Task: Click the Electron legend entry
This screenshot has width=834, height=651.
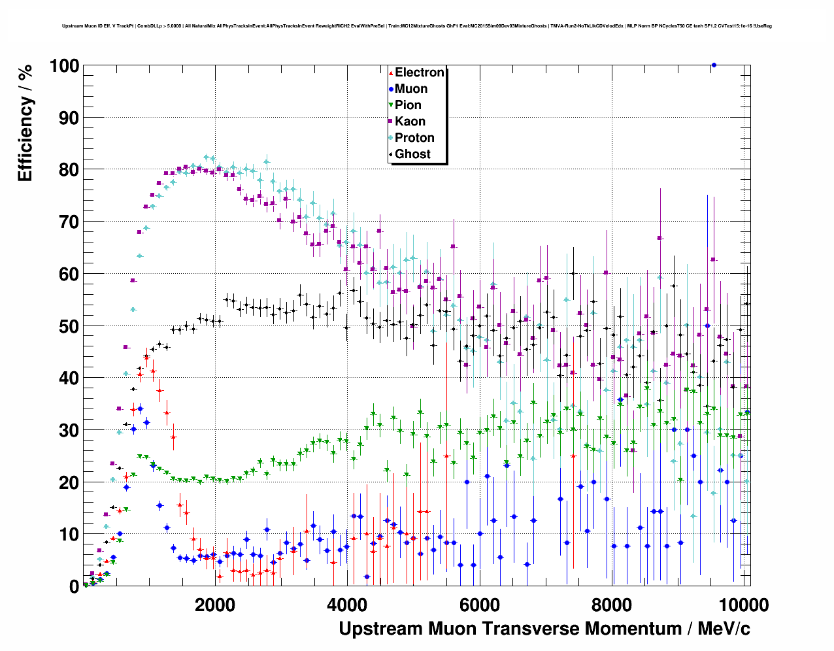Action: pyautogui.click(x=419, y=73)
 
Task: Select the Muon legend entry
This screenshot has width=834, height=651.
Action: pyautogui.click(x=410, y=89)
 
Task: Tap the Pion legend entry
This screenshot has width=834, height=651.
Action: pyautogui.click(x=408, y=105)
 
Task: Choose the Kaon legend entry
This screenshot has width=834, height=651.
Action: pyautogui.click(x=410, y=122)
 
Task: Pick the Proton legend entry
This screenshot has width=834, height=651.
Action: pyautogui.click(x=414, y=138)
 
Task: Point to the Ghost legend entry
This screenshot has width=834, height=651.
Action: pyautogui.click(x=412, y=154)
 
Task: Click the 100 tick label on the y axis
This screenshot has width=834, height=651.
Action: pyautogui.click(x=63, y=66)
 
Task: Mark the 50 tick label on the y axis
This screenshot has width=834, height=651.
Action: pyautogui.click(x=69, y=326)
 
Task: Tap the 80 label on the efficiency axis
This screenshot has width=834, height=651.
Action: pyautogui.click(x=69, y=170)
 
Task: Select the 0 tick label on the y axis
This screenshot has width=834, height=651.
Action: pyautogui.click(x=74, y=587)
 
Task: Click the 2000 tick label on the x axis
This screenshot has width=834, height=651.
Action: pyautogui.click(x=215, y=605)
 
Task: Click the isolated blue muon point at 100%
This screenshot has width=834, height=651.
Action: pyautogui.click(x=714, y=65)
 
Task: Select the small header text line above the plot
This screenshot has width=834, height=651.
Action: pyautogui.click(x=417, y=26)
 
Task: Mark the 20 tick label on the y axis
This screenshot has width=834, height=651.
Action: pyautogui.click(x=69, y=482)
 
